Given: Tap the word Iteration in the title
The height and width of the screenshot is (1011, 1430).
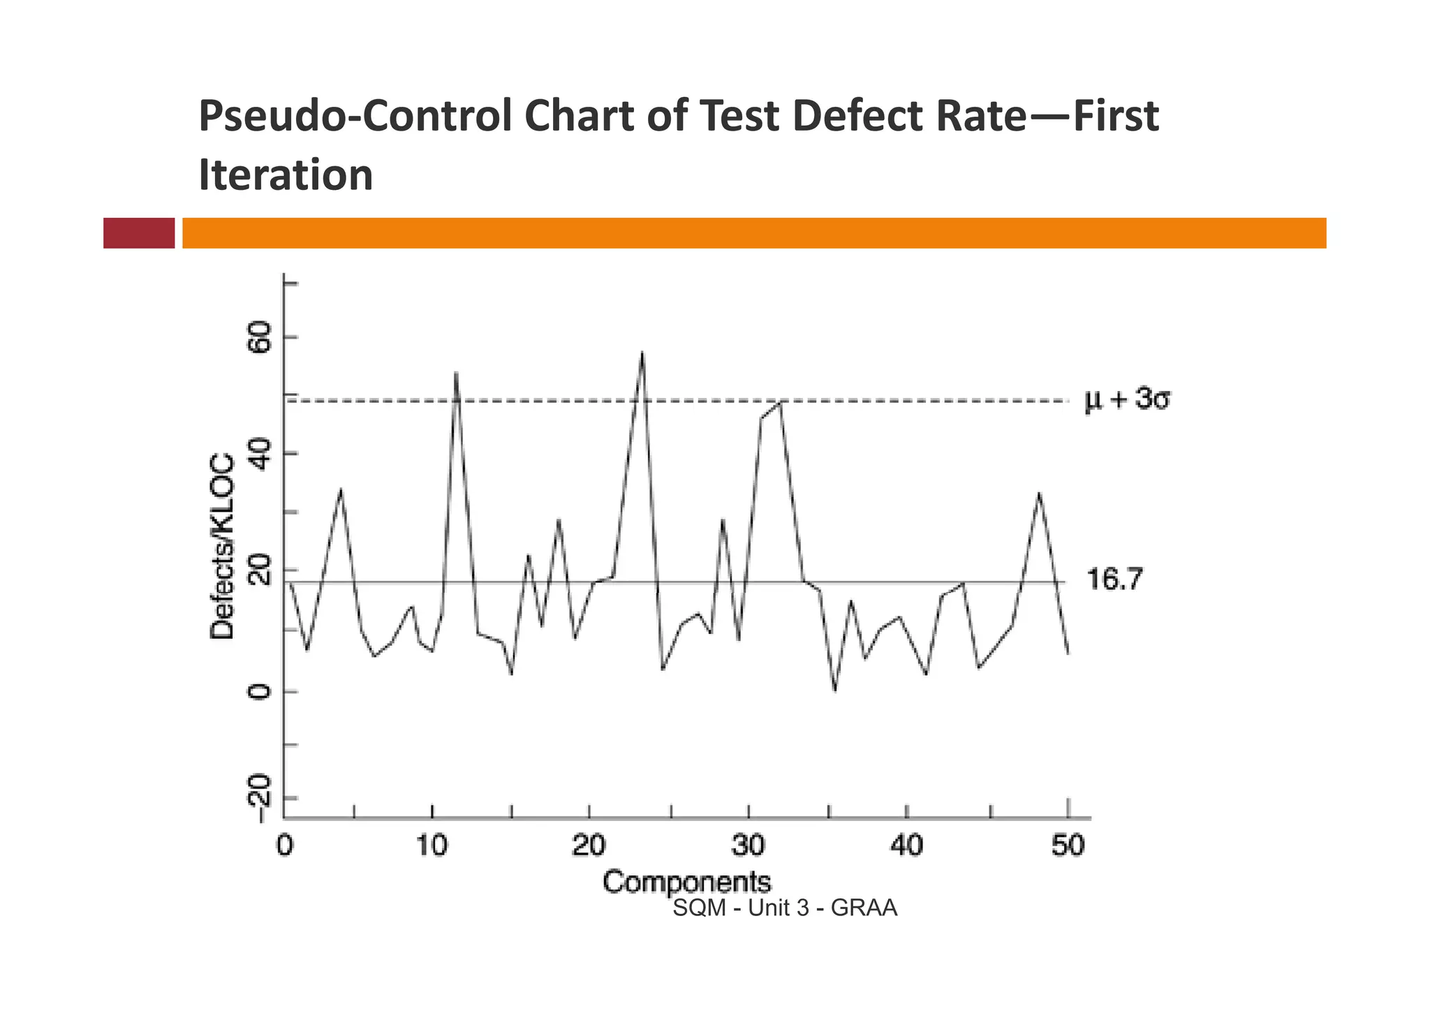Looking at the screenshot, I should click(286, 175).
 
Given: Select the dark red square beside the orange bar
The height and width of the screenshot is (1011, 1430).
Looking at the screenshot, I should click(139, 233).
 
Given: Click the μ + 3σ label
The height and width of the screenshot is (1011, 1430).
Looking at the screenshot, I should click(1126, 400).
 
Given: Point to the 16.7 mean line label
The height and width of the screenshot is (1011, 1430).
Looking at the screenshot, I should click(1114, 580).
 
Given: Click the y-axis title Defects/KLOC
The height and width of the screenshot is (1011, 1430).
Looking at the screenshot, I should click(223, 546).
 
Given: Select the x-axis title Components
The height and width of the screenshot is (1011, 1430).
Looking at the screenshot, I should click(686, 882).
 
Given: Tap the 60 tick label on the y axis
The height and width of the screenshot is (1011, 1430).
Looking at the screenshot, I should click(260, 338).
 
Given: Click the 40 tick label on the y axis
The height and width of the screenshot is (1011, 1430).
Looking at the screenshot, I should click(260, 454).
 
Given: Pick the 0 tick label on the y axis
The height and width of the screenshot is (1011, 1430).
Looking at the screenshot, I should click(260, 692).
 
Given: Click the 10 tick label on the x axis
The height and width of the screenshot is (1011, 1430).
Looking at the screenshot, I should click(432, 846).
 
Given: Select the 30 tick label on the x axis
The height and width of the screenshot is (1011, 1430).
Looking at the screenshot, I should click(748, 846).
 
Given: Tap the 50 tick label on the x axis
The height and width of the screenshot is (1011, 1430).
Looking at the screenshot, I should click(1068, 846).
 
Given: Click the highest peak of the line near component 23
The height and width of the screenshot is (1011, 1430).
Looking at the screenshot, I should click(642, 353).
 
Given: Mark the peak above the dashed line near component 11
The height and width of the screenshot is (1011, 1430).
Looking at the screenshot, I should click(455, 373).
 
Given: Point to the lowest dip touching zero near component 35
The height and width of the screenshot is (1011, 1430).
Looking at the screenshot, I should click(834, 689).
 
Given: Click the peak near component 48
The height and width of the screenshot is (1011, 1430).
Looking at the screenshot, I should click(1039, 494).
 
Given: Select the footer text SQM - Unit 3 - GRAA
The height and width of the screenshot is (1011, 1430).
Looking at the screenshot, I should click(784, 908).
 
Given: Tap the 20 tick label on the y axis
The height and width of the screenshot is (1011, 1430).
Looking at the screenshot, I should click(260, 571).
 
